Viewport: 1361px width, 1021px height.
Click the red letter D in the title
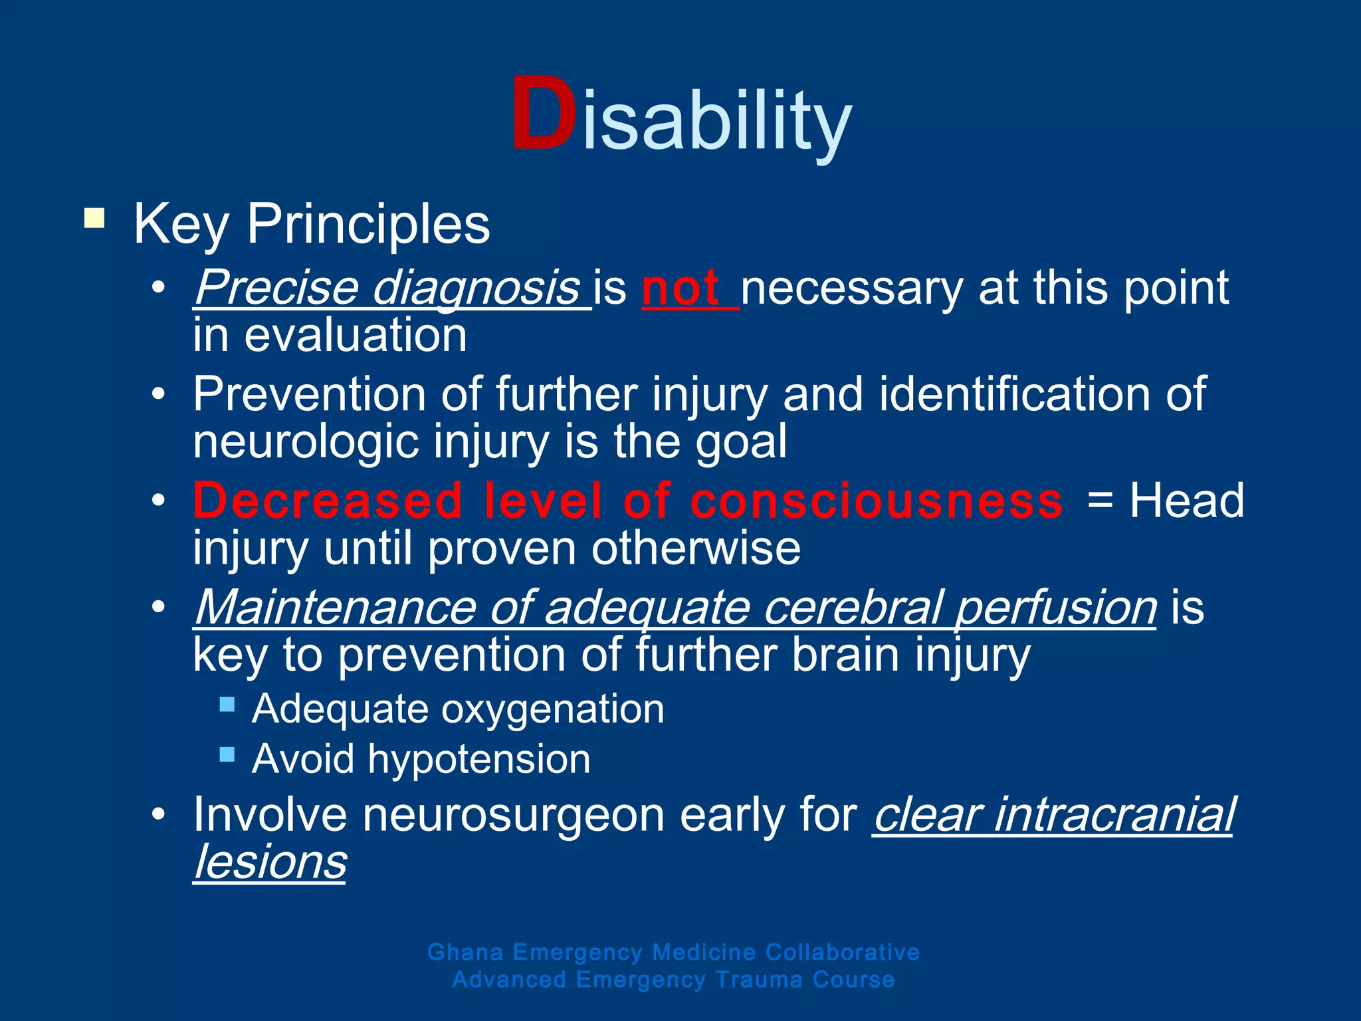543,115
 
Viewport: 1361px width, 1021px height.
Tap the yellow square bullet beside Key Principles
94,219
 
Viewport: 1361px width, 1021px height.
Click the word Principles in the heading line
368,224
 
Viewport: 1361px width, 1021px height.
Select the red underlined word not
680,288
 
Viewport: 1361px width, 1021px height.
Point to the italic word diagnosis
476,288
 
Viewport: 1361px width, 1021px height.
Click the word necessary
851,288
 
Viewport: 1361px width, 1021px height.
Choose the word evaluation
356,336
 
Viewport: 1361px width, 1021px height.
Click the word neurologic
306,442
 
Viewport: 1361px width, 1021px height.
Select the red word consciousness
877,501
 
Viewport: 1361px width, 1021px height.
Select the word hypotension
479,760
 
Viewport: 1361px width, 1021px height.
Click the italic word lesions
270,862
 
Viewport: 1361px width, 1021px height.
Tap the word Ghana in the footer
465,953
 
